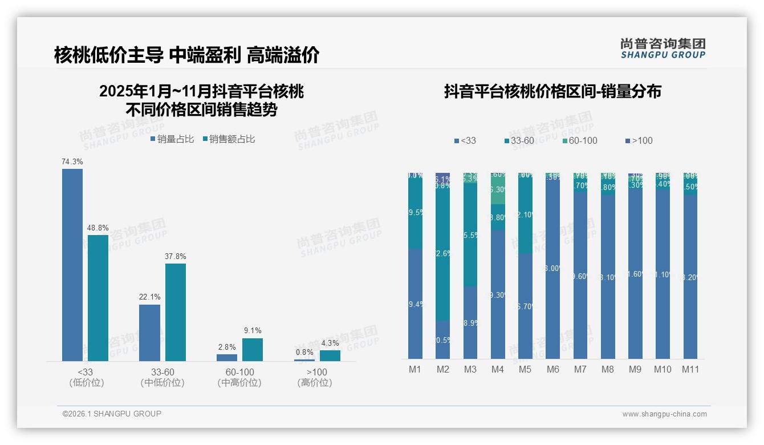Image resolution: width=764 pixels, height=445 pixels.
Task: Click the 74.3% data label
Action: (72, 161)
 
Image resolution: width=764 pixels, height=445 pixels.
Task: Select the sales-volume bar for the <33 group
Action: (72, 265)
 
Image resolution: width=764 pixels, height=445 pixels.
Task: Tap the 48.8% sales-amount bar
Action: (98, 298)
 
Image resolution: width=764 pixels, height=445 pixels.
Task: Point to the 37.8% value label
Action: (176, 256)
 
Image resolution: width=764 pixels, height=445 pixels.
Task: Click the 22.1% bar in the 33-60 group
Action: (149, 333)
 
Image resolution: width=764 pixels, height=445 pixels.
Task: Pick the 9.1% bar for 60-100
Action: (253, 350)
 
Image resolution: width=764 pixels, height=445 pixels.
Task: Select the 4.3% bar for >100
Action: (330, 355)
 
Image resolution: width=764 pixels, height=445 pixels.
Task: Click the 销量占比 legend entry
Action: (172, 139)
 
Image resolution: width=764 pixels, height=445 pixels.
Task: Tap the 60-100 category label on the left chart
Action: (239, 372)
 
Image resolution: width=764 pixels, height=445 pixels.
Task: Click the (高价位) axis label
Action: (315, 383)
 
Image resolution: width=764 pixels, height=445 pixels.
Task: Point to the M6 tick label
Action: (552, 369)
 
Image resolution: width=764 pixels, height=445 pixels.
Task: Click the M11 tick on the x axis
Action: (690, 369)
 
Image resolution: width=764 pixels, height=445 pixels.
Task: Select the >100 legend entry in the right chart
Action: (639, 140)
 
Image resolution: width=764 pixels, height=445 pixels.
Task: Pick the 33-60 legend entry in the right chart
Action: (519, 140)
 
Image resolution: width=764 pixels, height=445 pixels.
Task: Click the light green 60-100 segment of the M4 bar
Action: (498, 191)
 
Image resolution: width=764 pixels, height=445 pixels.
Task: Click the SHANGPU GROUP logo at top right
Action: (663, 48)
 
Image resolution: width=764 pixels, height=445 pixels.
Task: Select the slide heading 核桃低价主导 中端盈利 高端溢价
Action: (186, 55)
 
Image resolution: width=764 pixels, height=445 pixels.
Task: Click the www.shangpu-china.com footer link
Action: (664, 414)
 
